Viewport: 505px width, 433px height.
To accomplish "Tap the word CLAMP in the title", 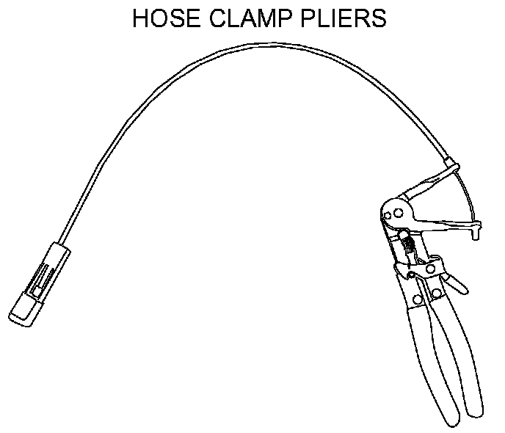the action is click(250, 18).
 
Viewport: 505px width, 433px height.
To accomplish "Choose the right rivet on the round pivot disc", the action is click(398, 212).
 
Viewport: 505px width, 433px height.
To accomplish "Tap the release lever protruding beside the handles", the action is click(455, 280).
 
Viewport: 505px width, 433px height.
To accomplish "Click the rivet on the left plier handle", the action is click(417, 299).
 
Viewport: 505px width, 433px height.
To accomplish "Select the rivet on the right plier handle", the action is click(437, 293).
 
